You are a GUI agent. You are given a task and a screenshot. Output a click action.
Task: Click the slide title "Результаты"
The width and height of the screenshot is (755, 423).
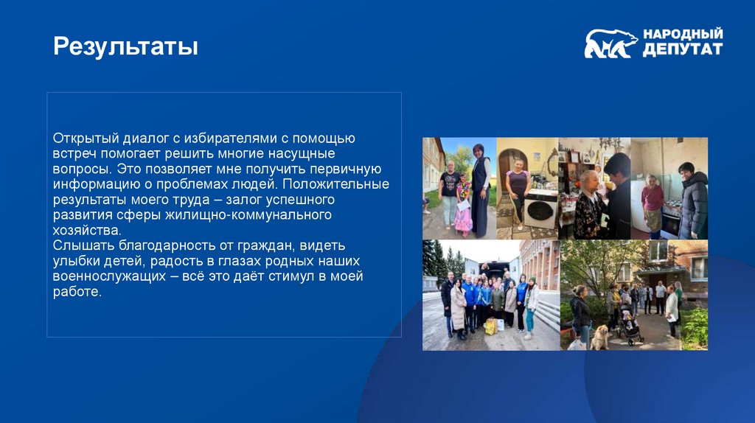click(x=125, y=47)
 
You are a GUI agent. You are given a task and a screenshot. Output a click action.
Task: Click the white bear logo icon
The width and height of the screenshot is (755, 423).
click(x=610, y=43)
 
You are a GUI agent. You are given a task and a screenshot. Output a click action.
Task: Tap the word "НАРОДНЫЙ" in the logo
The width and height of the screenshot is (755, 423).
click(x=683, y=34)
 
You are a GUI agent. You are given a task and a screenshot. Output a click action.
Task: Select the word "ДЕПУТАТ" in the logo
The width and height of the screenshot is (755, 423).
click(x=682, y=50)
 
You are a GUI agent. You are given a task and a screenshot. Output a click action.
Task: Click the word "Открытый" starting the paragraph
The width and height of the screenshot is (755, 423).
click(x=83, y=139)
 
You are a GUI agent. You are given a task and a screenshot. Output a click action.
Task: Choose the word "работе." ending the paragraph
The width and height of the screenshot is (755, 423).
click(x=76, y=292)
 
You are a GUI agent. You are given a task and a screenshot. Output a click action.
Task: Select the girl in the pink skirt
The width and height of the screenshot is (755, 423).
click(x=463, y=210)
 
